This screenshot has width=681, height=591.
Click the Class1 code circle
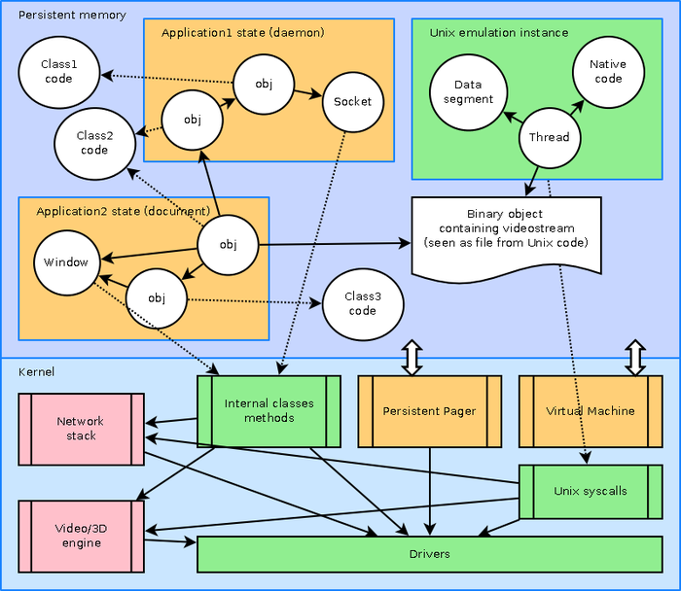point(58,71)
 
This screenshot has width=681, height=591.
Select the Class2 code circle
point(94,143)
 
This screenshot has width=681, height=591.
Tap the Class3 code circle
point(362,303)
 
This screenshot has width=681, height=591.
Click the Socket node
point(352,101)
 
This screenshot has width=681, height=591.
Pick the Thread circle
point(549,137)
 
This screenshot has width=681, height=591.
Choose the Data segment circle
point(467,92)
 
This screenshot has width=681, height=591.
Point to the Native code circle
point(607,71)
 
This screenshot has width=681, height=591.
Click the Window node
point(66,261)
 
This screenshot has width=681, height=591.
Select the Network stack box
point(82,429)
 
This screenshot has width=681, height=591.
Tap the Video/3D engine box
point(82,536)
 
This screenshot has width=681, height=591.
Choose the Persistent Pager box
point(429,411)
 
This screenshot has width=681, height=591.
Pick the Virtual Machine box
point(590,411)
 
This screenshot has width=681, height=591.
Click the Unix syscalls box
point(590,491)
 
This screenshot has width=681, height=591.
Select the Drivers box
point(429,554)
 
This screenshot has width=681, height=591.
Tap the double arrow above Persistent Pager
point(411,357)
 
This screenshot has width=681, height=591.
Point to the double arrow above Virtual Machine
point(634,357)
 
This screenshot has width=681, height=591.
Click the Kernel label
point(37,372)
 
